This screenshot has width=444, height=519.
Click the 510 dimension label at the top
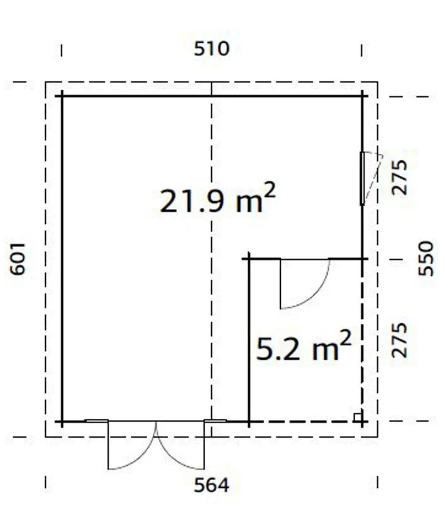(x=212, y=49)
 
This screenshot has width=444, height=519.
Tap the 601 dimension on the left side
(x=17, y=259)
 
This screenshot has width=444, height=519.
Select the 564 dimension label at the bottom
(x=211, y=492)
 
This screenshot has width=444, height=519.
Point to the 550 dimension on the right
(x=426, y=259)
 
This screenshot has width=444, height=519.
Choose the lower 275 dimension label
(x=399, y=340)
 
